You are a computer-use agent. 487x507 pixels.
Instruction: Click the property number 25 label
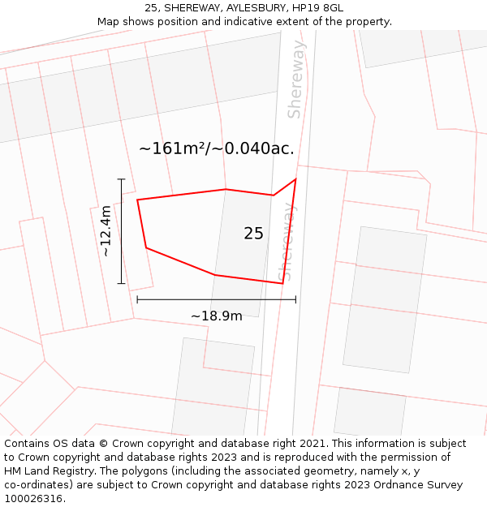pyautogui.click(x=253, y=234)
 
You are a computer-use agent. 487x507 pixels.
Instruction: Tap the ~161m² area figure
pyautogui.click(x=175, y=149)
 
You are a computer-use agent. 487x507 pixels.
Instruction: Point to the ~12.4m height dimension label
pyautogui.click(x=106, y=231)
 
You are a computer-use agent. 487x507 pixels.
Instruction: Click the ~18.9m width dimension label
pyautogui.click(x=216, y=316)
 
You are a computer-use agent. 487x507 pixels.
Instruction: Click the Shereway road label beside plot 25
pyautogui.click(x=287, y=243)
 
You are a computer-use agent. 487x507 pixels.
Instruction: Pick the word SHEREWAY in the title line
pyautogui.click(x=191, y=8)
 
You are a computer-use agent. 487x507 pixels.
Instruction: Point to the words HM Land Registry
pyautogui.click(x=45, y=470)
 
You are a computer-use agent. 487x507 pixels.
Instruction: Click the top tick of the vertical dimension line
pyautogui.click(x=122, y=179)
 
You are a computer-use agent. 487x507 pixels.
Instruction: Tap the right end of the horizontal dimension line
pyautogui.click(x=295, y=299)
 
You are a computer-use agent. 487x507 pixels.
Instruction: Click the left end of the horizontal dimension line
pyautogui.click(x=137, y=299)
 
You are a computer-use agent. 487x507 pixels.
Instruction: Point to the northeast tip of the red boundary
pyautogui.click(x=295, y=178)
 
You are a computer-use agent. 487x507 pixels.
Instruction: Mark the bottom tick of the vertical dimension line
pyautogui.click(x=122, y=283)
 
